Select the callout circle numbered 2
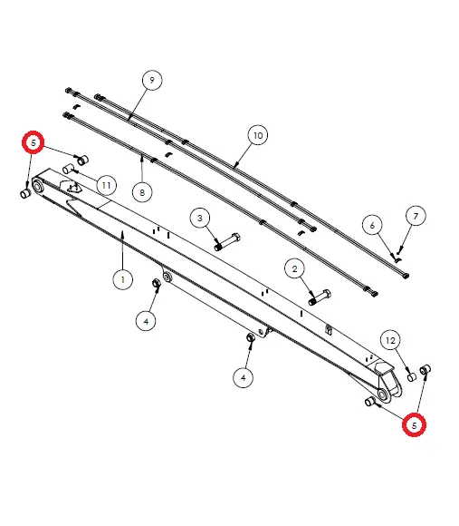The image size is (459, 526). click(x=294, y=268)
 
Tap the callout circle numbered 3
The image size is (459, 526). click(x=200, y=217)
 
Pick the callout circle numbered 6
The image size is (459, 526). click(x=369, y=224)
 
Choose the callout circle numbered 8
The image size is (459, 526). click(x=141, y=191)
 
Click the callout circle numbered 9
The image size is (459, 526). click(x=151, y=81)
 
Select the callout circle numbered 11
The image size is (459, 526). click(x=106, y=186)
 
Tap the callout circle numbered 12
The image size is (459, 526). click(x=391, y=340)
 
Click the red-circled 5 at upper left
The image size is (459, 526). click(x=33, y=142)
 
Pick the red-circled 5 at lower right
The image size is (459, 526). click(x=415, y=424)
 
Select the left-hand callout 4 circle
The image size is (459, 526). click(x=146, y=319)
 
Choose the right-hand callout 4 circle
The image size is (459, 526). click(x=244, y=375)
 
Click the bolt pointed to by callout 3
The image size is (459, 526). click(x=225, y=242)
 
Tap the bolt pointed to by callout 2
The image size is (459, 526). click(x=320, y=297)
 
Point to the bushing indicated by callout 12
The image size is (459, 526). click(x=410, y=375)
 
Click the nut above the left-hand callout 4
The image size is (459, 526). click(x=157, y=286)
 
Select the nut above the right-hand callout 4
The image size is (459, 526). click(x=251, y=338)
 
